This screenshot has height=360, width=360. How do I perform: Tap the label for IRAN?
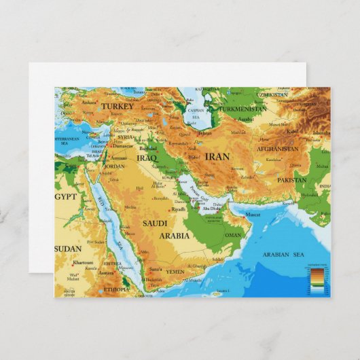point(217,156)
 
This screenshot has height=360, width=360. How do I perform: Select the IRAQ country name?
point(146,158)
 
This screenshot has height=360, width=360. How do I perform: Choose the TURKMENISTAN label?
point(242,109)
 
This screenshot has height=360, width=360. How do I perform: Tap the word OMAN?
point(233,235)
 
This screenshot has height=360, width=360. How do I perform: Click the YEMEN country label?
point(175,271)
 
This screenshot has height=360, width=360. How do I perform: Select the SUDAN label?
point(68,249)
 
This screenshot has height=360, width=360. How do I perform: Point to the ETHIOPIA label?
point(115,289)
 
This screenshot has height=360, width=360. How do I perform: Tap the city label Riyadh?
point(179,209)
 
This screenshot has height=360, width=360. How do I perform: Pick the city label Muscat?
point(252,214)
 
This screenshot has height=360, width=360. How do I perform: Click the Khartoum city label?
point(83,262)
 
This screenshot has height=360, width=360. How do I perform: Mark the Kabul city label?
point(293,131)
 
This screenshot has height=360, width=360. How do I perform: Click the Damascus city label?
point(123,145)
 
